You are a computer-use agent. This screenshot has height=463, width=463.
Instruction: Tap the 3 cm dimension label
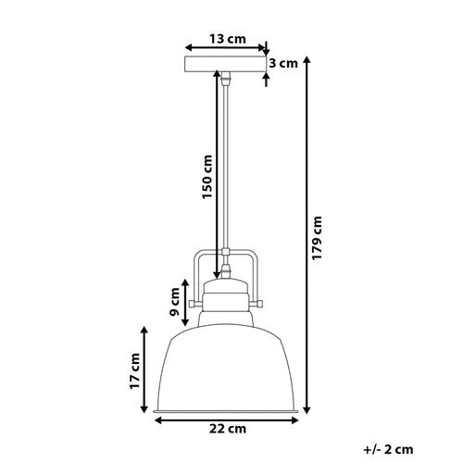282,64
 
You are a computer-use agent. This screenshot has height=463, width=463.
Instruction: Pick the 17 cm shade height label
135,369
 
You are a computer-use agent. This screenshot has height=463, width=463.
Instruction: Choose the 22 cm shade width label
225,428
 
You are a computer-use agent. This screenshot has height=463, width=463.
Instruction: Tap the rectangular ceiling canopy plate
225,65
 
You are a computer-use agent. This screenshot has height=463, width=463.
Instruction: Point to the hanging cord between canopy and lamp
225,167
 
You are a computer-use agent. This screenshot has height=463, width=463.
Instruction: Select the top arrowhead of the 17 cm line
145,329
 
